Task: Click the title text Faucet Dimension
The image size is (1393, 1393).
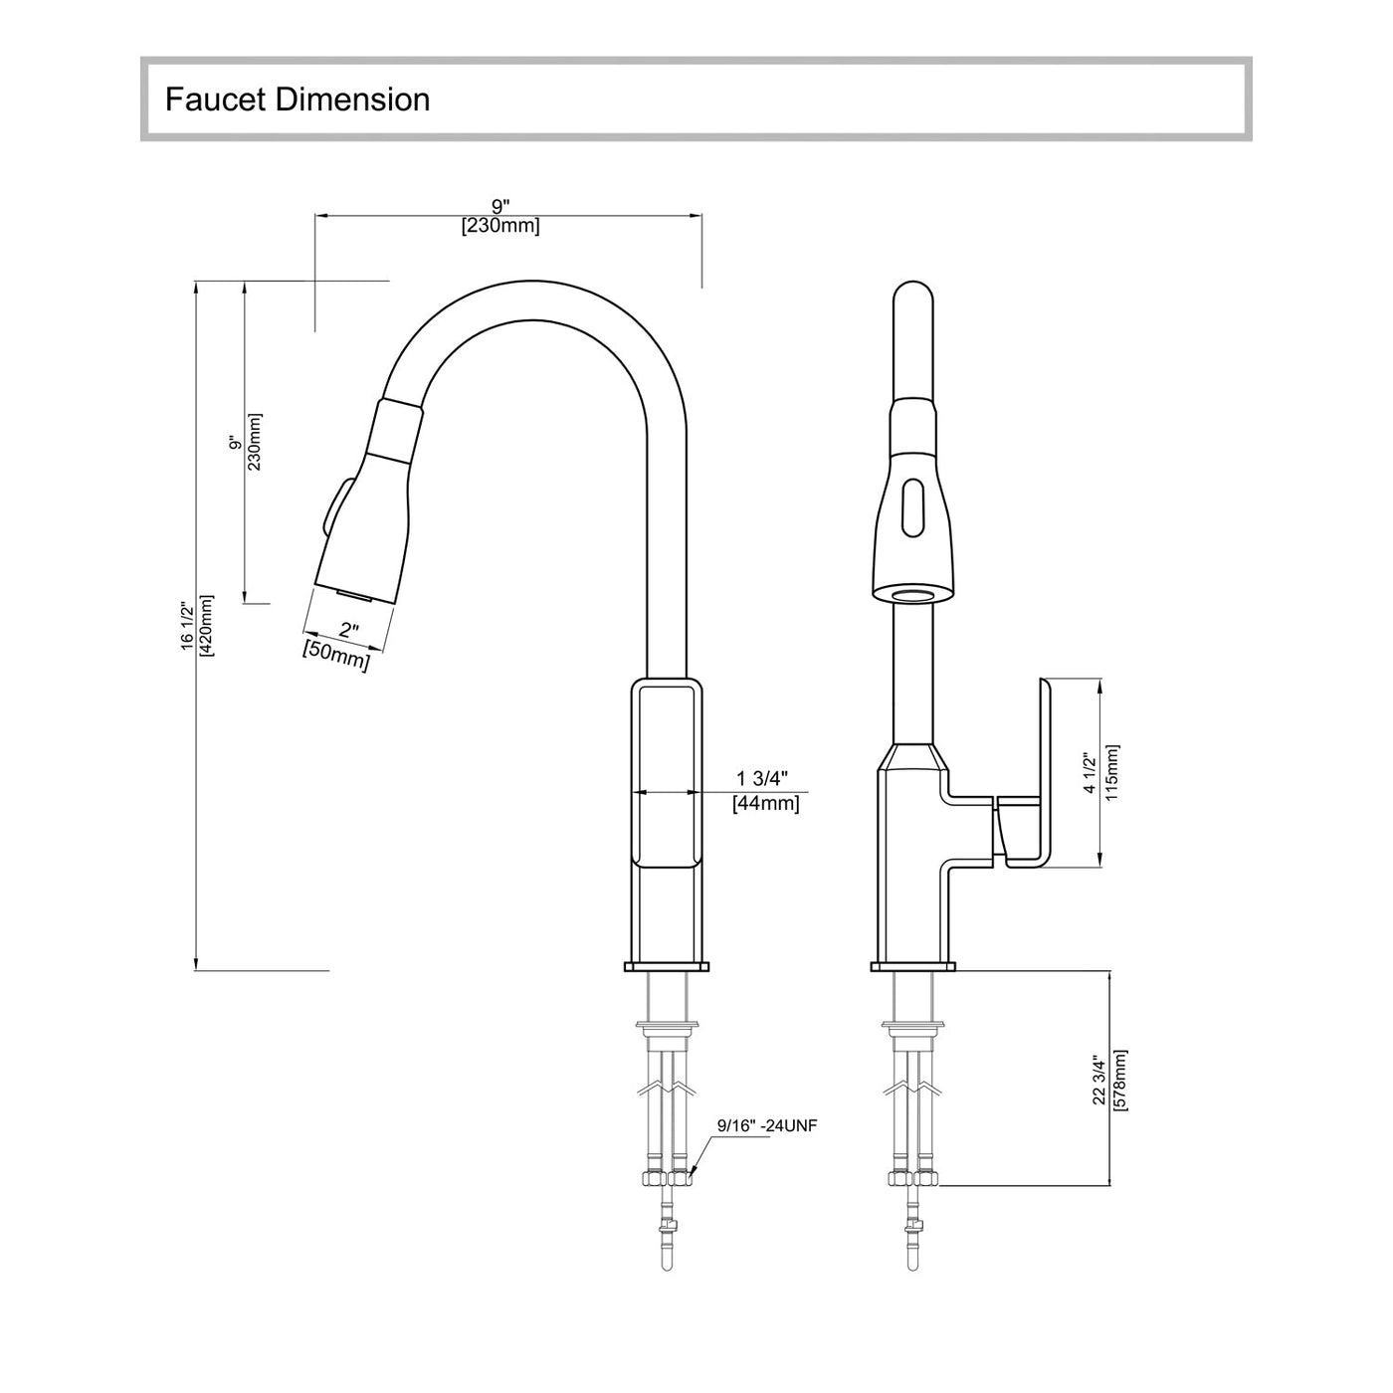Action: click(x=298, y=99)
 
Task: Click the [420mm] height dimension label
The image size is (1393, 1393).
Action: click(x=207, y=625)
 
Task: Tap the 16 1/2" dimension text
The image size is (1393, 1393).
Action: click(x=187, y=625)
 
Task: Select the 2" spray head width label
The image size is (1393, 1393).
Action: click(x=348, y=630)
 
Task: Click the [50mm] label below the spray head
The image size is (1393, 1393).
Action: click(x=336, y=656)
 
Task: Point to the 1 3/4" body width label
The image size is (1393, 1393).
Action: click(x=762, y=777)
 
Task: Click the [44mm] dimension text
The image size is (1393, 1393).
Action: click(x=765, y=803)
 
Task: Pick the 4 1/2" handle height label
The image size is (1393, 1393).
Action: click(x=1091, y=773)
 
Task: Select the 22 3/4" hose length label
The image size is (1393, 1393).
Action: click(x=1099, y=1079)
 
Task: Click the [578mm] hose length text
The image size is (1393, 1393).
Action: click(x=1120, y=1079)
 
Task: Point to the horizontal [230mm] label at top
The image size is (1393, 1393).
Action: click(x=500, y=226)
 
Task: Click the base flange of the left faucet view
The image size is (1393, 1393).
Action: click(x=667, y=966)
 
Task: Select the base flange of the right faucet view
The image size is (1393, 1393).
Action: click(x=912, y=966)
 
